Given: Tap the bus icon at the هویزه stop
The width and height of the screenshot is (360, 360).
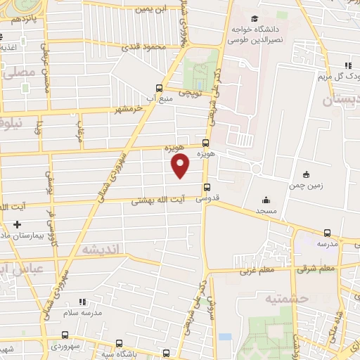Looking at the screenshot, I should point(207,140).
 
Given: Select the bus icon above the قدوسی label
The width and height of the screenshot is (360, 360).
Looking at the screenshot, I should point(207,187).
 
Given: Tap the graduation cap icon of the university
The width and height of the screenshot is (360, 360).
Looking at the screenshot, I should point(252,19).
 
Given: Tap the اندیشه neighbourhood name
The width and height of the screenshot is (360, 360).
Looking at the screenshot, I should point(101,248).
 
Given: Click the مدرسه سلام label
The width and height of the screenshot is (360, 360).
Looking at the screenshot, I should point(82,311).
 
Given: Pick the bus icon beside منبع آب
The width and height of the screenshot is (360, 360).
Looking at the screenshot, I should point(160,88).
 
